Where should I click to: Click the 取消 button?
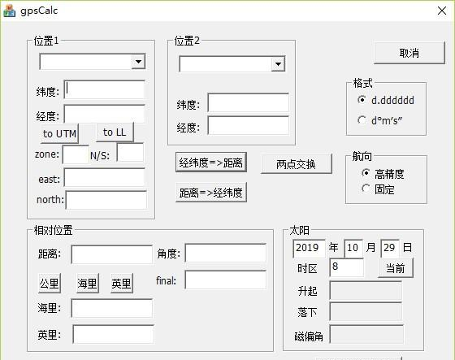(409, 53)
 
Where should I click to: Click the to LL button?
(115, 132)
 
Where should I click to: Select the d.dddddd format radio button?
(362, 100)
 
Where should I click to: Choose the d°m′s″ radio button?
(362, 120)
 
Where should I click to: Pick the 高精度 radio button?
(366, 173)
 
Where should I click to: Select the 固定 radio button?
(366, 189)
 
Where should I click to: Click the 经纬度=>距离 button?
(211, 163)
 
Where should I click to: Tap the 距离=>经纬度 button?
(211, 193)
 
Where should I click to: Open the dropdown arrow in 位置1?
(138, 61)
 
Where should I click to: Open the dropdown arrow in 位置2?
(278, 64)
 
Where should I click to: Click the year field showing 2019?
(309, 249)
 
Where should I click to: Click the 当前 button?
(396, 268)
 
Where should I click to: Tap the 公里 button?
(50, 283)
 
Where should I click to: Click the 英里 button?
(122, 283)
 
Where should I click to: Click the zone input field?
(76, 154)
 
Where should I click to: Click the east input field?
(105, 177)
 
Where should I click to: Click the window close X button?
(442, 11)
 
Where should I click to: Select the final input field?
(226, 280)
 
